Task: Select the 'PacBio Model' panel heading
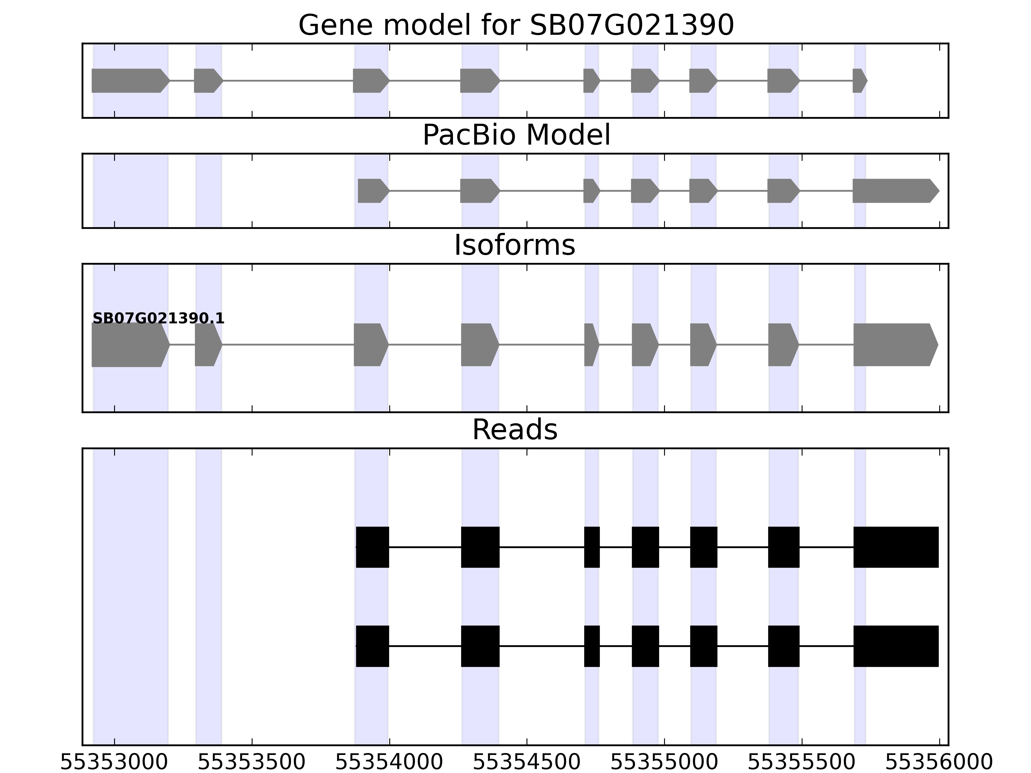(x=516, y=135)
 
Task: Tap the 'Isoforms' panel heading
(x=515, y=245)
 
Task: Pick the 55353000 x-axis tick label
(x=114, y=763)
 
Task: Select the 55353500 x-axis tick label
(x=252, y=763)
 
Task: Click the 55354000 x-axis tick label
(x=389, y=763)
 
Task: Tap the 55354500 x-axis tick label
(x=527, y=763)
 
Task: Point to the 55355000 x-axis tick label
(x=664, y=763)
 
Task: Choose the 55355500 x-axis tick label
(x=802, y=763)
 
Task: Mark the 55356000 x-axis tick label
(x=939, y=763)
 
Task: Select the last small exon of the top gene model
(x=859, y=81)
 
